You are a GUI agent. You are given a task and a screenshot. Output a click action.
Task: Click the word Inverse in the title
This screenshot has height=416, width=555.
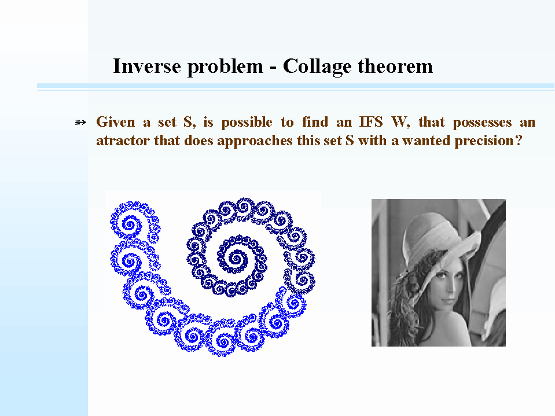click(x=147, y=66)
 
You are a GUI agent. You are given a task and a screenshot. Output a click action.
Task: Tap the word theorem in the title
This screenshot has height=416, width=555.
click(x=395, y=66)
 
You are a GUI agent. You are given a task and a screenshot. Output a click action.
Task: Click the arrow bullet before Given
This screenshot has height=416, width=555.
click(x=80, y=123)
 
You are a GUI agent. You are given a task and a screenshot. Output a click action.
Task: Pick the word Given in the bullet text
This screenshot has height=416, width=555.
click(x=116, y=122)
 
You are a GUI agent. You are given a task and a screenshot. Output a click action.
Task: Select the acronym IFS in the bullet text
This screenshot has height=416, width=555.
click(x=371, y=122)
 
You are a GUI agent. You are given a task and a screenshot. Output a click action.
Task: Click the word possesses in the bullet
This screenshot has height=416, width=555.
click(x=482, y=123)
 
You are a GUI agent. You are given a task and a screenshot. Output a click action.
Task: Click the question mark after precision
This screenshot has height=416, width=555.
click(x=519, y=141)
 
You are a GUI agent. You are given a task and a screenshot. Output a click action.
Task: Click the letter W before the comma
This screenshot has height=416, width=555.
click(x=399, y=122)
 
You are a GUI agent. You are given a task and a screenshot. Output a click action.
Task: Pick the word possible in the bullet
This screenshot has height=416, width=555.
click(x=247, y=123)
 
